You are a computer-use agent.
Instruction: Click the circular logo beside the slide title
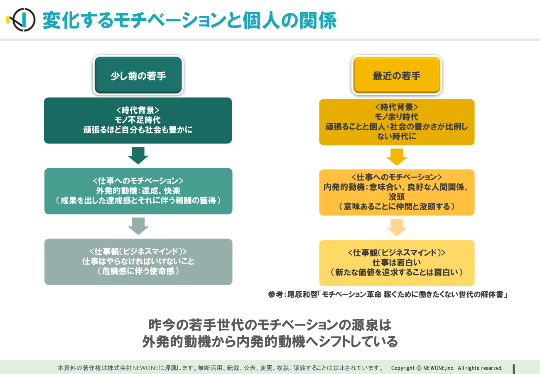(x=24, y=20)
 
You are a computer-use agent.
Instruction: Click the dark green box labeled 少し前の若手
(x=138, y=75)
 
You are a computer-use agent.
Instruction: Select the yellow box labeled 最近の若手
(x=397, y=75)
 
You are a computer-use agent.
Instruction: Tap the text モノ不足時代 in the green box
(x=137, y=120)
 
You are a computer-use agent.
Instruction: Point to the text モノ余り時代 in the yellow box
(x=397, y=117)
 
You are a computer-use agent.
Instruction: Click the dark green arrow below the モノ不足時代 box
(x=138, y=155)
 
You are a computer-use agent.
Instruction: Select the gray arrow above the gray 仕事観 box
(x=138, y=226)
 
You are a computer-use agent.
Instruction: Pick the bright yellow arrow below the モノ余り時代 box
(x=397, y=157)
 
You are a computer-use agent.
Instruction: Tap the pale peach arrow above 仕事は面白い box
(x=397, y=227)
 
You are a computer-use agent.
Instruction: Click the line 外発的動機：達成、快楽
(x=138, y=191)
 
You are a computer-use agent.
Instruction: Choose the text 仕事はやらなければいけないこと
(x=138, y=261)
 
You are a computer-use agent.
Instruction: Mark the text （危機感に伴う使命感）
(x=138, y=271)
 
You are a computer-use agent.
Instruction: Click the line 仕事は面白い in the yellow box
(x=397, y=262)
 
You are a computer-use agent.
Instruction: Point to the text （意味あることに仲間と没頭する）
(x=397, y=207)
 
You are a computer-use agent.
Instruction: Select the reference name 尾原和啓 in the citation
(x=302, y=295)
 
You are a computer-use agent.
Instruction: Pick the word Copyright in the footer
(x=403, y=368)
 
